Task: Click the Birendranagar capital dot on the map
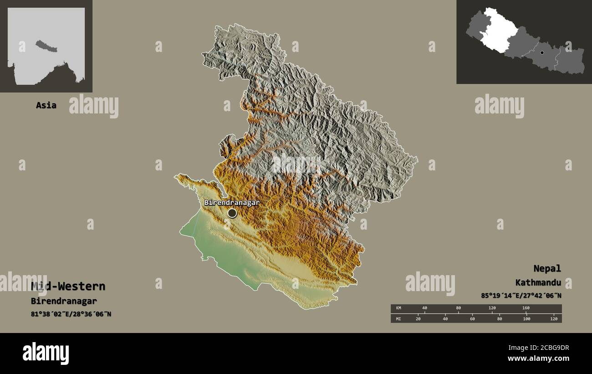pos(232,213)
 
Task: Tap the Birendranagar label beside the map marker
pos(232,202)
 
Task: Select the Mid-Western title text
pos(68,287)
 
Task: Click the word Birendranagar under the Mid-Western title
pos(64,301)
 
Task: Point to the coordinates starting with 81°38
pos(71,314)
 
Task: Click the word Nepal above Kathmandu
pos(547,268)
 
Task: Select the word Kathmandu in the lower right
pos(538,282)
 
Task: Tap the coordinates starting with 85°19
pos(521,296)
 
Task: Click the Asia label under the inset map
pos(46,105)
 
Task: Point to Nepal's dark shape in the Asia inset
pos(43,45)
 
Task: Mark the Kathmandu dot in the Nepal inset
pos(542,53)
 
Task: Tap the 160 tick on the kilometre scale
pos(526,308)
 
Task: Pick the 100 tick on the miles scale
pos(526,318)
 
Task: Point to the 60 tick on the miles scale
pos(472,318)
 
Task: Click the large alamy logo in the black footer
pos(46,354)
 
